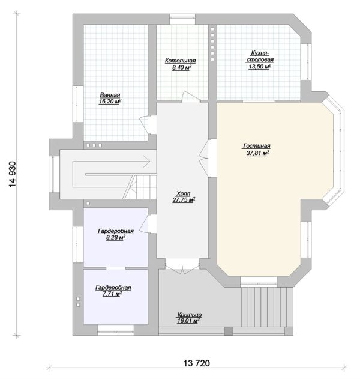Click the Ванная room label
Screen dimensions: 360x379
(110, 95)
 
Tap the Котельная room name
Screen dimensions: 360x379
(180, 61)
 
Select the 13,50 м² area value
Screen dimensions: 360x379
(260, 67)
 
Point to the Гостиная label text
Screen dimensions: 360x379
(257, 146)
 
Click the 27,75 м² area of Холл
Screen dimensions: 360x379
(184, 200)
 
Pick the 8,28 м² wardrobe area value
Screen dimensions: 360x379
(116, 238)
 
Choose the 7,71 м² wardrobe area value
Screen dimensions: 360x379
(112, 294)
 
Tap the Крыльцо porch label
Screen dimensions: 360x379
(190, 315)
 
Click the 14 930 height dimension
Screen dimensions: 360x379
(13, 174)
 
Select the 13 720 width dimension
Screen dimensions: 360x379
(197, 363)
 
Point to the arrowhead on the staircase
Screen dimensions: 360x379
(146, 162)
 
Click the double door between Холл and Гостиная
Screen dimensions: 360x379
(205, 159)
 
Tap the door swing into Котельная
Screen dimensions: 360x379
(191, 97)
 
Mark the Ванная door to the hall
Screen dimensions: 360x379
(148, 125)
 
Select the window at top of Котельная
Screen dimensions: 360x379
(182, 19)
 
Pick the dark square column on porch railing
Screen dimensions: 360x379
(229, 331)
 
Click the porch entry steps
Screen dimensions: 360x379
(267, 307)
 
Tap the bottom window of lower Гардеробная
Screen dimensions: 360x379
(116, 330)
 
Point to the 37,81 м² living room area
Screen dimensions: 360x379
(257, 153)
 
